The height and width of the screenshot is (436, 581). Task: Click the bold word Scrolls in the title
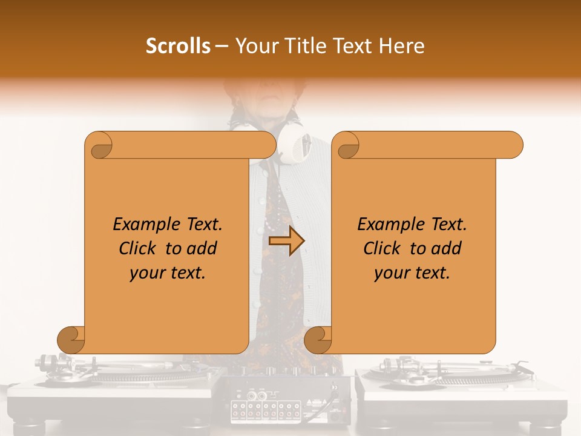coord(178,46)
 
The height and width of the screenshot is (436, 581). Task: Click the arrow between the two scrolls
coord(286,242)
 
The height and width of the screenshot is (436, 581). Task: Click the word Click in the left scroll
coord(140,248)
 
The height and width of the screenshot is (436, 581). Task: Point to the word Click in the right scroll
coord(384,248)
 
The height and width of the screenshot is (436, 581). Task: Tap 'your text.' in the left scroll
coord(168,272)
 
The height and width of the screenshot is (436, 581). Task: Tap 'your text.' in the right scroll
coord(412,272)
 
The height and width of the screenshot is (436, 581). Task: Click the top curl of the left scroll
coord(99,145)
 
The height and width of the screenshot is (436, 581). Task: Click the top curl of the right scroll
coord(347,145)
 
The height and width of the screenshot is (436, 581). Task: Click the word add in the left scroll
coord(202,248)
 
